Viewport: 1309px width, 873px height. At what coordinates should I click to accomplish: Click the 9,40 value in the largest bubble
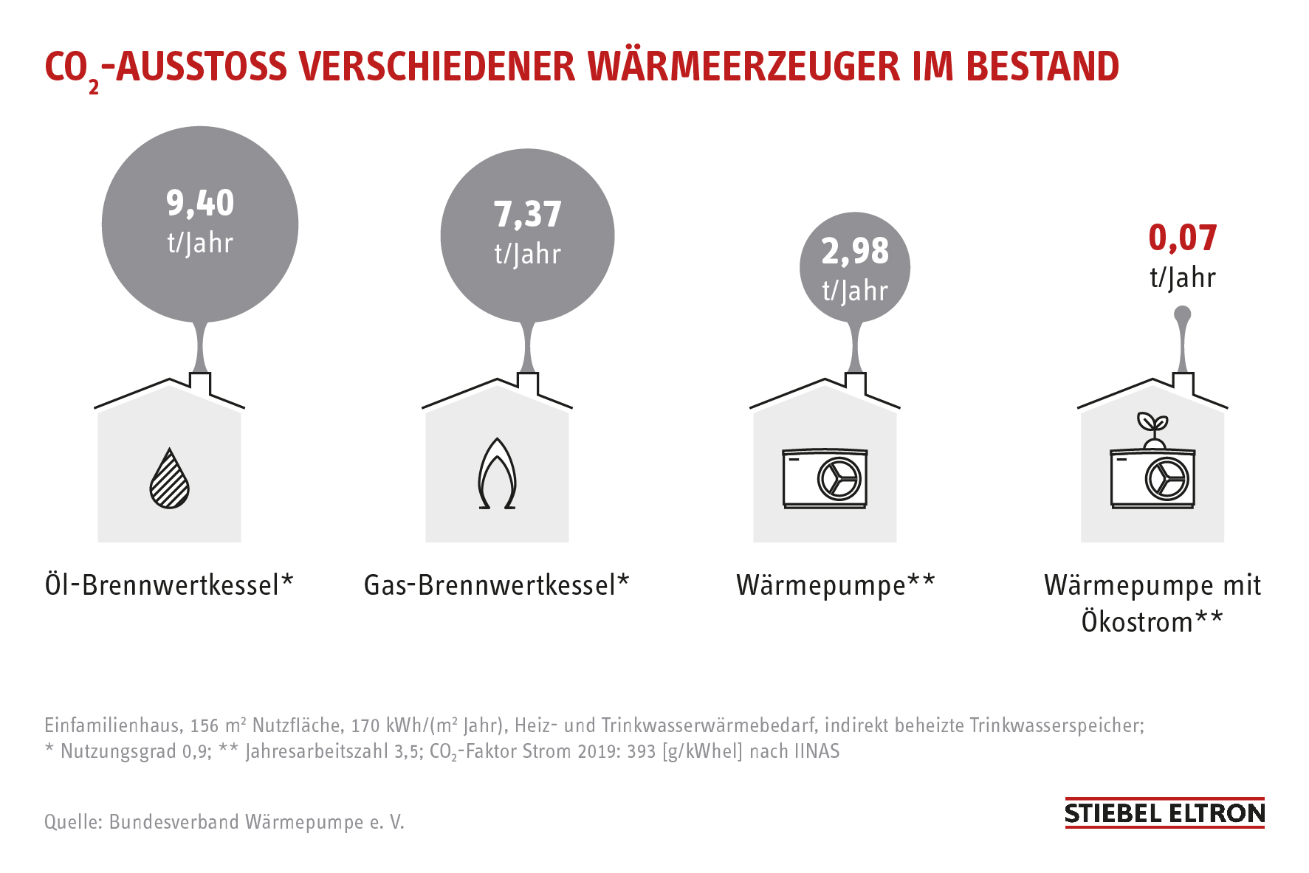point(200,203)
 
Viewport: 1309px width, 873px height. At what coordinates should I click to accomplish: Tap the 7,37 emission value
point(528,215)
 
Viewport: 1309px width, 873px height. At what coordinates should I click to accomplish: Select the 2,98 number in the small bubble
point(855,252)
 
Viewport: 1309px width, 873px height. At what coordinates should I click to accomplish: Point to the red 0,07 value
point(1182,238)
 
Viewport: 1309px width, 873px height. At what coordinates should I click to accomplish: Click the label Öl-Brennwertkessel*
point(169,585)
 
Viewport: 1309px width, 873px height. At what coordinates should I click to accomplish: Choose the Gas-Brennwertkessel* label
point(496,585)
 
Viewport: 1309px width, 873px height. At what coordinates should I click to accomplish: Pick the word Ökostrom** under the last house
point(1152,622)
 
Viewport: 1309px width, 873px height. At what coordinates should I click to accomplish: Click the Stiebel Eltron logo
point(1164,813)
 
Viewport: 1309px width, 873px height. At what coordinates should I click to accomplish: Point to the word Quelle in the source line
point(72,822)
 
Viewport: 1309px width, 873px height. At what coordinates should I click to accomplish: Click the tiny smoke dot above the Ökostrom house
point(1182,315)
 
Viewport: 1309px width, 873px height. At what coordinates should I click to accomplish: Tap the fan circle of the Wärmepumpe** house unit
point(839,479)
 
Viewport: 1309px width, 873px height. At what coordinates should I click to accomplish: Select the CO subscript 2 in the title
point(94,87)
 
